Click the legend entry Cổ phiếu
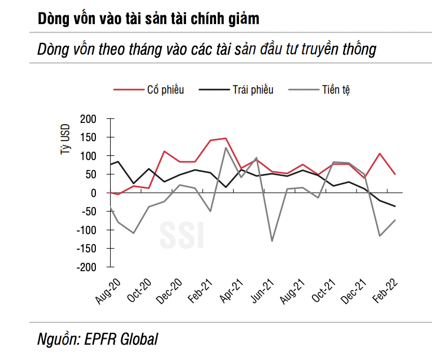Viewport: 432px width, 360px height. pyautogui.click(x=165, y=89)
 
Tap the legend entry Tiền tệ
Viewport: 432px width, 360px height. pyautogui.click(x=337, y=89)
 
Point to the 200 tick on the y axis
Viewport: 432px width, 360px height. pyautogui.click(x=88, y=119)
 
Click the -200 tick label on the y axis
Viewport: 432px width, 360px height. pyautogui.click(x=86, y=267)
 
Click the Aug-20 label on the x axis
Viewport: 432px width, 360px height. pyautogui.click(x=108, y=290)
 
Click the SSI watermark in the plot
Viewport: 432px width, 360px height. pyautogui.click(x=182, y=234)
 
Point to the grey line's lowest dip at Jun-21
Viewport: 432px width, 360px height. pyautogui.click(x=272, y=241)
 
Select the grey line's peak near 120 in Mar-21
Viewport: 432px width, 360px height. pyautogui.click(x=226, y=148)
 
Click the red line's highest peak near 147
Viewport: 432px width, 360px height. pyautogui.click(x=226, y=138)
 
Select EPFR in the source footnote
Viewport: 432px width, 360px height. pyautogui.click(x=102, y=339)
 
